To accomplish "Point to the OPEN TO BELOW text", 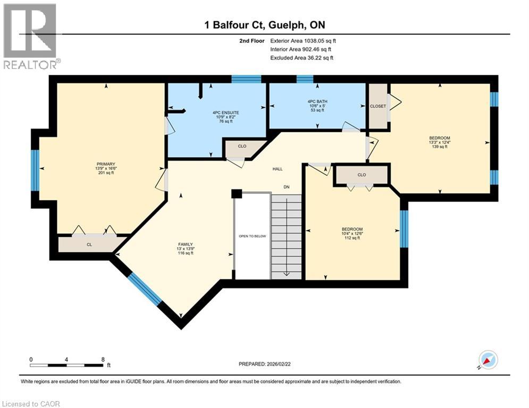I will [253, 236].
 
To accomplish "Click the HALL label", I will [278, 169].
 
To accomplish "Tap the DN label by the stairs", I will [286, 186].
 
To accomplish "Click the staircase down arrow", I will [286, 273].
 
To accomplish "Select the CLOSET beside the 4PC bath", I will [377, 106].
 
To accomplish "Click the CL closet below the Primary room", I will [90, 245].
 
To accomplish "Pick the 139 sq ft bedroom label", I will [439, 142].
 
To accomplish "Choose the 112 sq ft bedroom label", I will [352, 233].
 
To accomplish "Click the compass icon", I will [488, 360].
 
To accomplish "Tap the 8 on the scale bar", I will [103, 359].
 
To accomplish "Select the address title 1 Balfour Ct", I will [264, 25].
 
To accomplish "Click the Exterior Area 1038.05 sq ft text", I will [303, 40].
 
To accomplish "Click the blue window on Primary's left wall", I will [35, 170].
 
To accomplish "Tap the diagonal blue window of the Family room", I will [144, 289].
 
